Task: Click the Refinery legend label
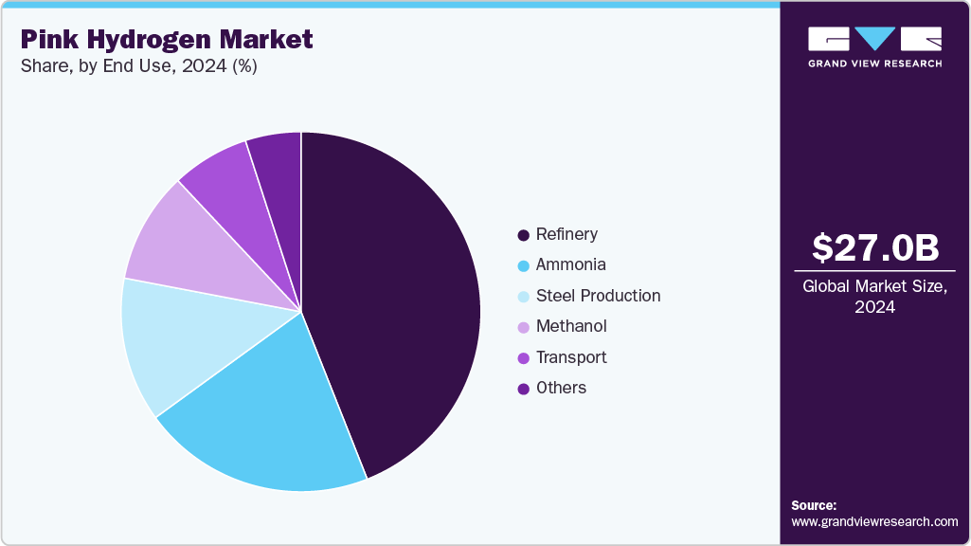pyautogui.click(x=566, y=234)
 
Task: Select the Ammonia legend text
pyautogui.click(x=570, y=264)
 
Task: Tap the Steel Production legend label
pyautogui.click(x=598, y=296)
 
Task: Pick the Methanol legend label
pyautogui.click(x=571, y=326)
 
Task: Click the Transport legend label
pyautogui.click(x=571, y=357)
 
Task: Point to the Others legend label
pyautogui.click(x=561, y=388)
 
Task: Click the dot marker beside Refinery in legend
pyautogui.click(x=523, y=235)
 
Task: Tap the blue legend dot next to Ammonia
pyautogui.click(x=523, y=265)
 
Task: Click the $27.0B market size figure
pyautogui.click(x=875, y=247)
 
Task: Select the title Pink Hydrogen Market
pyautogui.click(x=167, y=40)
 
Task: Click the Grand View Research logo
pyautogui.click(x=874, y=46)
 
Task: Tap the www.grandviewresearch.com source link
pyautogui.click(x=874, y=521)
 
